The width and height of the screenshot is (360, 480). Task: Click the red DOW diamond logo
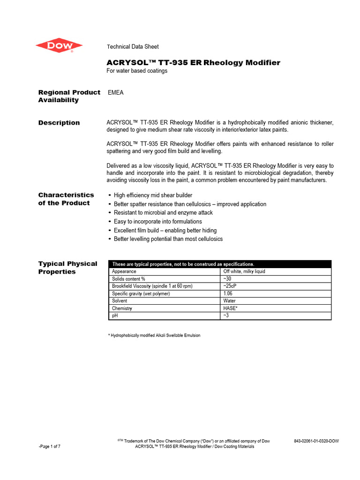pos(59,45)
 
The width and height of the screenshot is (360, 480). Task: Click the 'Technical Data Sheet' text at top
pos(133,46)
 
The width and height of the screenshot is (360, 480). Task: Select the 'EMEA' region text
pos(115,93)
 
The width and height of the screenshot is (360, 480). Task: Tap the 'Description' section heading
pos(59,123)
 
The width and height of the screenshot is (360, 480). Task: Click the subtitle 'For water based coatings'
pos(137,71)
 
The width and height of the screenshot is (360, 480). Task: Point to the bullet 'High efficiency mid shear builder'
pos(153,195)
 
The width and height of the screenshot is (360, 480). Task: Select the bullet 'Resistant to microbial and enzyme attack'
pos(163,212)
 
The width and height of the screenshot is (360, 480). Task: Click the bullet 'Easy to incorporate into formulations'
pos(158,221)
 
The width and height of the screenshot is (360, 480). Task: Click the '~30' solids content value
pos(228,279)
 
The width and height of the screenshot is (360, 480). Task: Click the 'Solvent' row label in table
pos(120,301)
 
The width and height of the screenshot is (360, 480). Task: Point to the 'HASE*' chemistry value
pos(231,308)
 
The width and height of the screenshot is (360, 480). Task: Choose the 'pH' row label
pos(115,316)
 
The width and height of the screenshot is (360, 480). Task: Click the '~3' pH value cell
pos(227,316)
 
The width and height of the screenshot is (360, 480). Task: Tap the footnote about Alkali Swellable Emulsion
pos(154,335)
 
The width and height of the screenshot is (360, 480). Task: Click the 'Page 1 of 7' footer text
pos(49,446)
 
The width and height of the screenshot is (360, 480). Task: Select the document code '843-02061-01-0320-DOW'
pos(316,441)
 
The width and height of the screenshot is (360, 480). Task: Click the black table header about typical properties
pos(219,264)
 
